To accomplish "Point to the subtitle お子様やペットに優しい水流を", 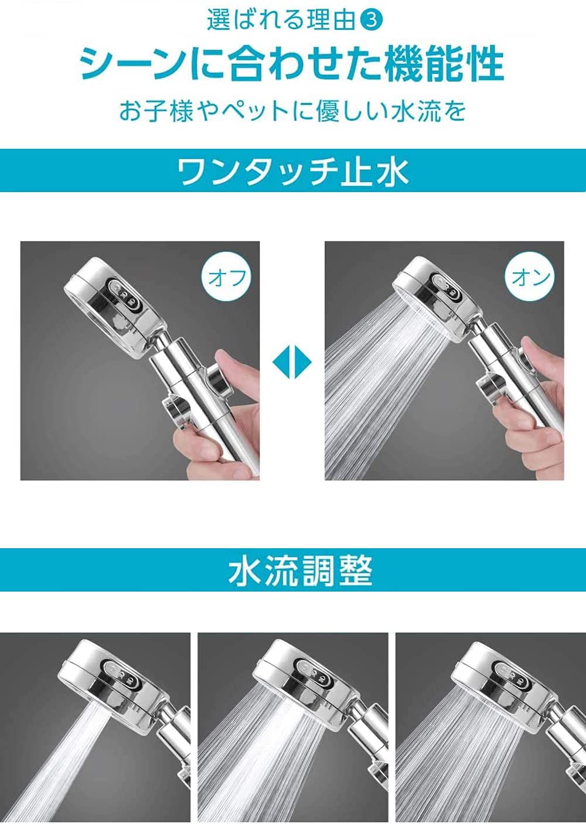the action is (x=292, y=111).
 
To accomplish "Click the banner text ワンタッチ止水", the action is (x=293, y=171).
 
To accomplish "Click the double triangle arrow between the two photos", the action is (x=292, y=363).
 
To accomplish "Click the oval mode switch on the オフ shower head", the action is (x=124, y=295).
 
